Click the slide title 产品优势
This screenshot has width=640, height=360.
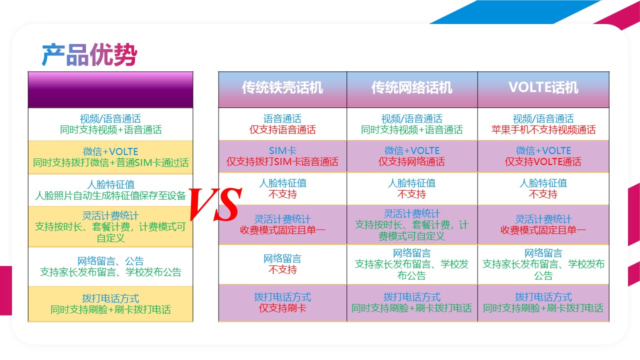pos(89,54)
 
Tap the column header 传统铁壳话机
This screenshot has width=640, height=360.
pos(282,87)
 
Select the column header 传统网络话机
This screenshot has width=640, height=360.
pos(411,87)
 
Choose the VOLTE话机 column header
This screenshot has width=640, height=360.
pos(543,87)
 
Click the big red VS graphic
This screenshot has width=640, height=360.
pos(215,204)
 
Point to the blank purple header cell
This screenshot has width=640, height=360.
pos(110,89)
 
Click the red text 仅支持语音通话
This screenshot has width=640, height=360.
pos(282,130)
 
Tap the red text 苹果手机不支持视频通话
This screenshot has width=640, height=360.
pos(543,130)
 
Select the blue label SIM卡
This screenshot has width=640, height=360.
pos(282,150)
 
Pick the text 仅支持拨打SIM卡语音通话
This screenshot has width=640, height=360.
pos(282,162)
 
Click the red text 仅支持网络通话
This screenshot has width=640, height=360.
pos(411,162)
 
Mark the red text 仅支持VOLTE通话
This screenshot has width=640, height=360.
pos(543,162)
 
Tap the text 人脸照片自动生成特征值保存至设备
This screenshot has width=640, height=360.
pos(110,195)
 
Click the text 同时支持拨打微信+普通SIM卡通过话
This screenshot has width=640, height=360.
pos(110,163)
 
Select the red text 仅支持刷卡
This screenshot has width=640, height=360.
pos(282,308)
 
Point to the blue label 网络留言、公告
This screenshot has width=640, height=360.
pos(110,261)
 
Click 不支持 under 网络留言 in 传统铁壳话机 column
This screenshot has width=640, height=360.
pos(282,269)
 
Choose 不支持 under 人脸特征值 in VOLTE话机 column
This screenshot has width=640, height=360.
pos(543,194)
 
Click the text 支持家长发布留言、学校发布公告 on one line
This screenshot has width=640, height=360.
pos(110,272)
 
